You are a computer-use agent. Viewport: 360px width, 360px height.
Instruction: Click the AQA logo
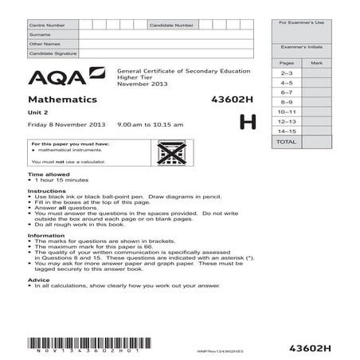(65, 76)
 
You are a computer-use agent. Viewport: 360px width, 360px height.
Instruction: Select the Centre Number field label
(47, 26)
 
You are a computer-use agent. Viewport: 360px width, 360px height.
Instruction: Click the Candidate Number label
(171, 26)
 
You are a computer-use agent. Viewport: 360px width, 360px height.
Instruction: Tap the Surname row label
(40, 35)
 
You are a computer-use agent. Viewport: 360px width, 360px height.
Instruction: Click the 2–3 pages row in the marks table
(286, 72)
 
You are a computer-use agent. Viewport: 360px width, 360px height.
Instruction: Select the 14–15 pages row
(286, 130)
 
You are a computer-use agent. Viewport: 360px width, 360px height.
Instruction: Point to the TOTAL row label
(286, 141)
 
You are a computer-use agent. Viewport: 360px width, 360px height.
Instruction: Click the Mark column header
(316, 62)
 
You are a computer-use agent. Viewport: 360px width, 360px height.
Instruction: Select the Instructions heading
(46, 192)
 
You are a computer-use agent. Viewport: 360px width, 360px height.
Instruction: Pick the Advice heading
(39, 280)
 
